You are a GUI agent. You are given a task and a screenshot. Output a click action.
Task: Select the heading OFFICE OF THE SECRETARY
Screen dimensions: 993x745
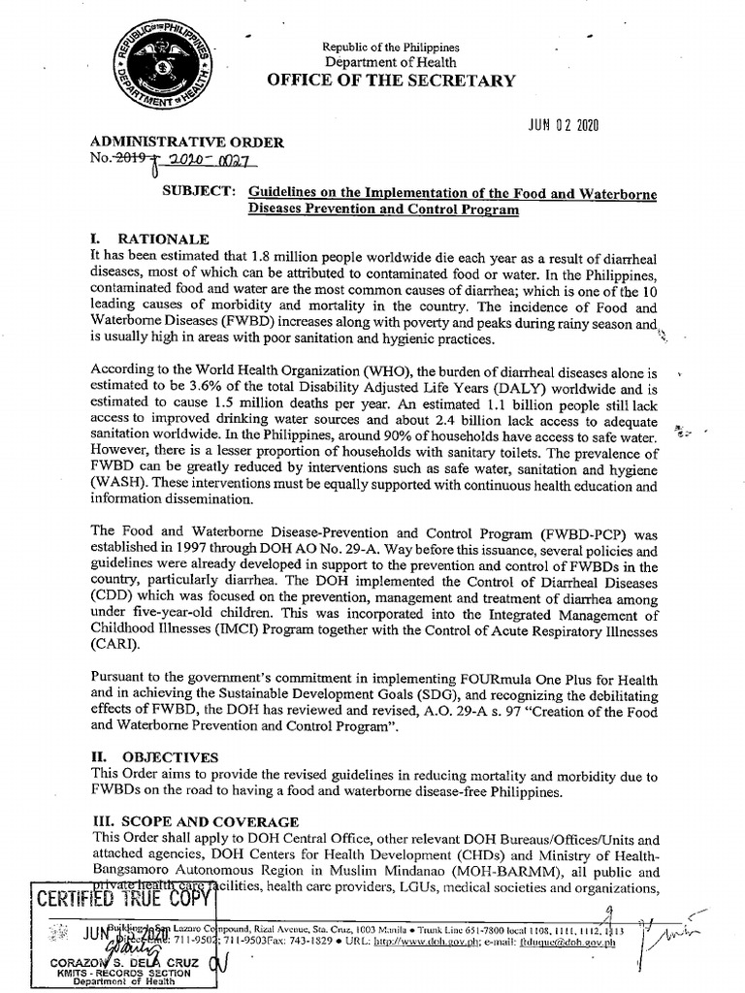[x=392, y=80]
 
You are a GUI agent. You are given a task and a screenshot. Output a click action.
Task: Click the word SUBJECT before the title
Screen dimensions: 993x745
[x=198, y=192]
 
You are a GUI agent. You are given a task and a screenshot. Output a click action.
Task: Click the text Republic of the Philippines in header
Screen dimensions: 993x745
[x=392, y=47]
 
